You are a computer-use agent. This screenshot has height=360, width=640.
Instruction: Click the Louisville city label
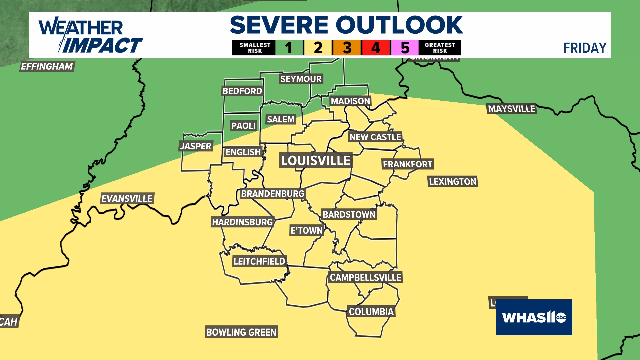tap(315, 161)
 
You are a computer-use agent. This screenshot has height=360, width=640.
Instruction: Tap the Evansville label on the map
tap(127, 199)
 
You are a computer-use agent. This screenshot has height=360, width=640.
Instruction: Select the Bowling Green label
tap(241, 332)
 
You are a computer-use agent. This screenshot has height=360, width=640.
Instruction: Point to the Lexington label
tap(452, 181)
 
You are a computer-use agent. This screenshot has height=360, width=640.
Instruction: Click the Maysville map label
tap(512, 109)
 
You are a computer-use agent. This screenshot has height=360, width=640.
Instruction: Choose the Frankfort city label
tap(407, 164)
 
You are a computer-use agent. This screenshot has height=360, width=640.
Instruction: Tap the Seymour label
tap(301, 79)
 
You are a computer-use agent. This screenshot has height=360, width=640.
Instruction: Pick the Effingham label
tap(47, 66)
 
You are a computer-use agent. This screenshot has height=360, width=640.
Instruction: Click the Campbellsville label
tap(365, 277)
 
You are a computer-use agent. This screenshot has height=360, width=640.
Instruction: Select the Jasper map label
tap(196, 146)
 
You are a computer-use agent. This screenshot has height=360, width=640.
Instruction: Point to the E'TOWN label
tap(307, 230)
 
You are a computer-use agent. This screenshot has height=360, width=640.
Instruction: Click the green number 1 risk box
tap(289, 48)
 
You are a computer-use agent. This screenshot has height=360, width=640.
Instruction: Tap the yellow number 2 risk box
tap(318, 48)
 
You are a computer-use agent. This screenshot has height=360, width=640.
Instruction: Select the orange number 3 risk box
tap(347, 48)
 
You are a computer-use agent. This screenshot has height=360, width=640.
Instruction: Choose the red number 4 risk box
tap(376, 48)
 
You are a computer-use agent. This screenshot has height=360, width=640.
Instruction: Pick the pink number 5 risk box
tap(405, 48)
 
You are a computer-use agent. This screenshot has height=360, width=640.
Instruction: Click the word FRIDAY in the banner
tap(585, 48)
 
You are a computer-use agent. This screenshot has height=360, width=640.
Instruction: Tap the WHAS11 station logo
tap(534, 317)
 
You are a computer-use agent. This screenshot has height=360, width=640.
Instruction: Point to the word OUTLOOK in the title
tap(399, 25)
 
